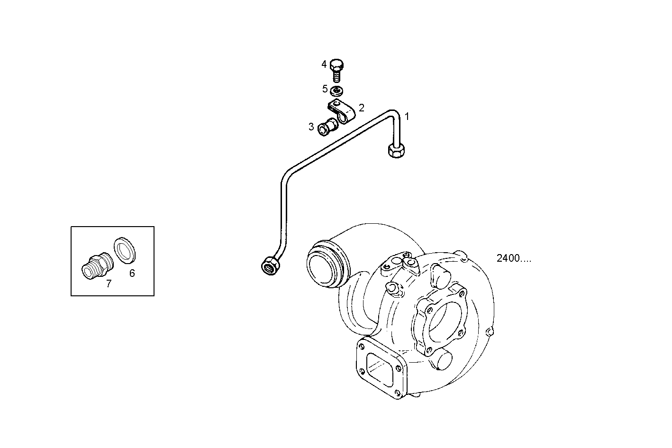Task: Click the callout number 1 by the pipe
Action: pyautogui.click(x=406, y=116)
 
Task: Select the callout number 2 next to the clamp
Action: pyautogui.click(x=362, y=108)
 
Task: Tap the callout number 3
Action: pyautogui.click(x=311, y=127)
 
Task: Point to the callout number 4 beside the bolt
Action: pyautogui.click(x=324, y=64)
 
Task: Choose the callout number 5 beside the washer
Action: pyautogui.click(x=325, y=89)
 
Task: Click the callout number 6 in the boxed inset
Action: pyautogui.click(x=132, y=273)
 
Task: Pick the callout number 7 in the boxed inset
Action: pyautogui.click(x=109, y=284)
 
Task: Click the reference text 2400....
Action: pyautogui.click(x=514, y=258)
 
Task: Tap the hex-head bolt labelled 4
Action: pyautogui.click(x=336, y=70)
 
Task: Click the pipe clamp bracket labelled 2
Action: pyautogui.click(x=340, y=112)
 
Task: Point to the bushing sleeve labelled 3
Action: pyautogui.click(x=327, y=127)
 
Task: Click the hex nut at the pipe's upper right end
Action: pyautogui.click(x=395, y=151)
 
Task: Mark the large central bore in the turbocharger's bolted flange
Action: pyautogui.click(x=445, y=322)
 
